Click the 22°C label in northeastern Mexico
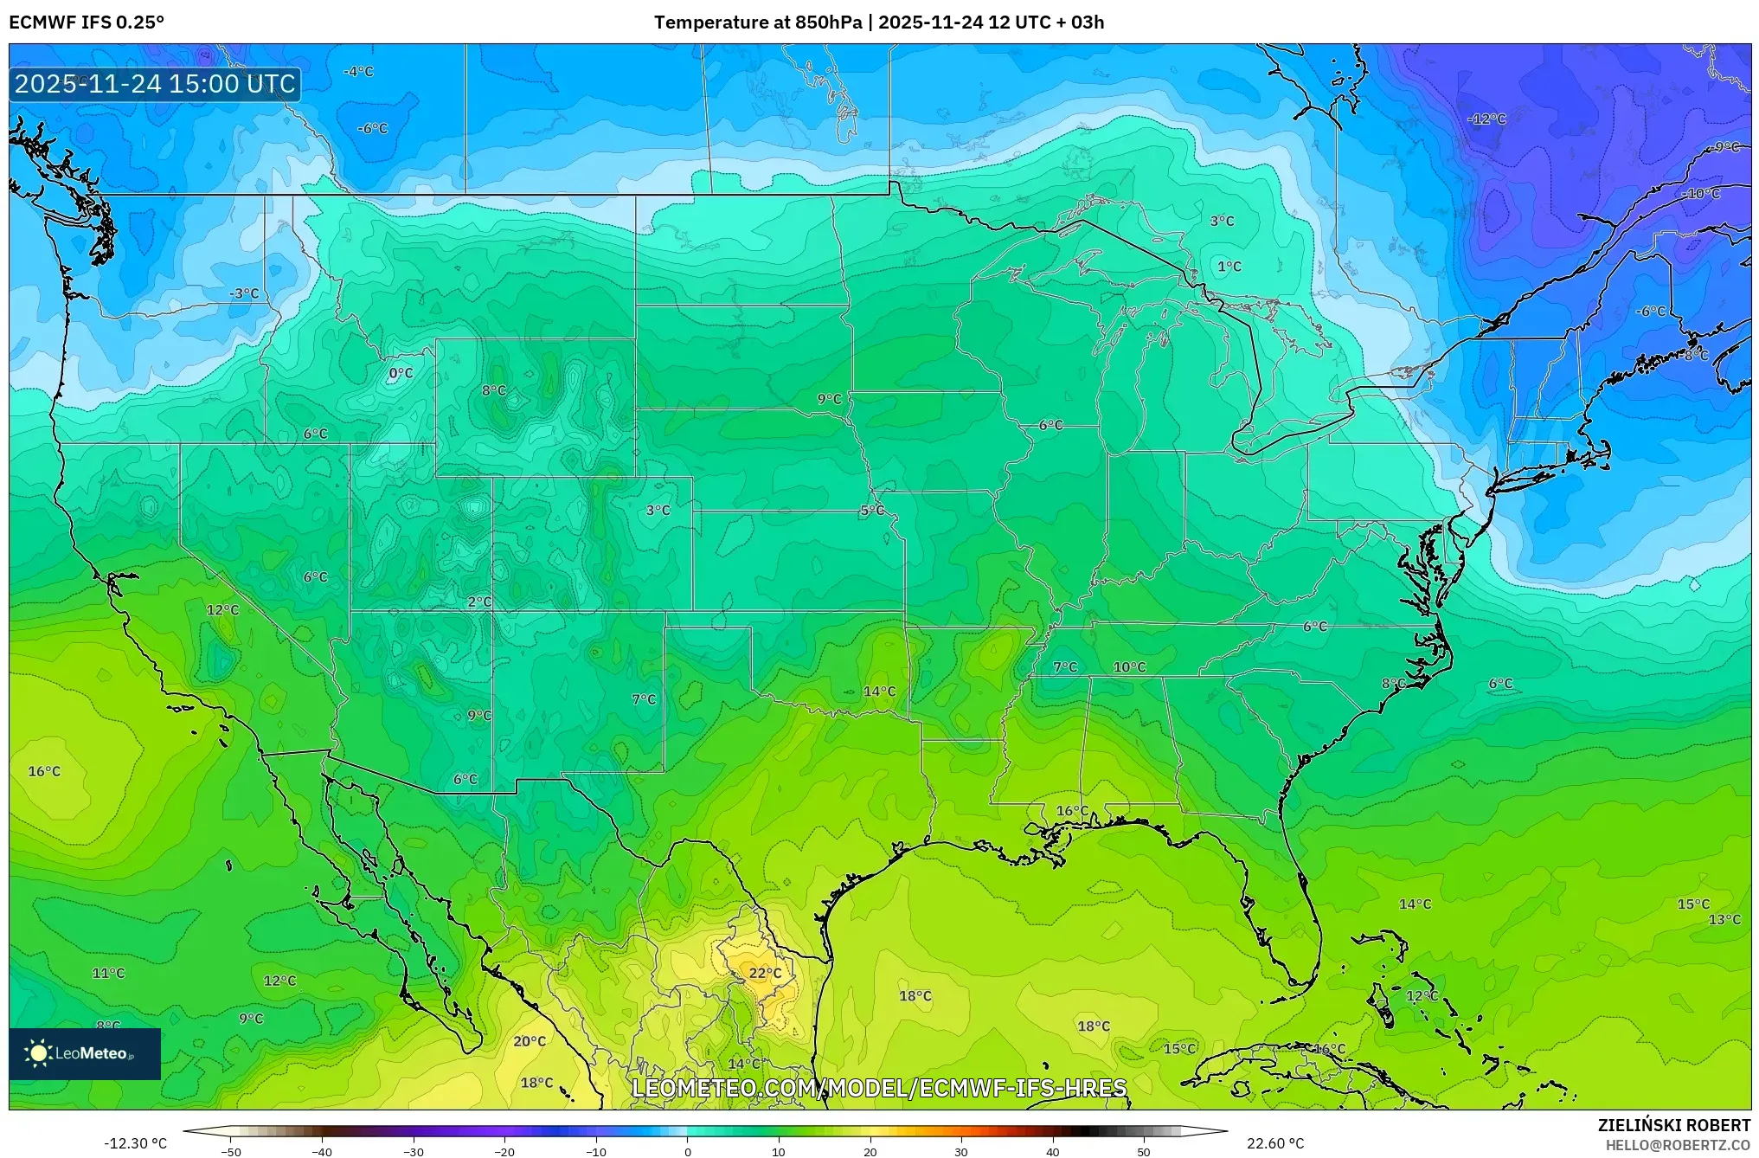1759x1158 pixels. (765, 973)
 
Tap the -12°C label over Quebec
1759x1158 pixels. (1486, 119)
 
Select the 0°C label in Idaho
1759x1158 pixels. (401, 373)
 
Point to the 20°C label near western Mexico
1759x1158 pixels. (530, 1041)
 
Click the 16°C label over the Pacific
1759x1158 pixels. (44, 771)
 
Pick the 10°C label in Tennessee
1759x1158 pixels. (1129, 667)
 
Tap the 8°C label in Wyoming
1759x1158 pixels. (494, 390)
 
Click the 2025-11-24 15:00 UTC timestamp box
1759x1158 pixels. (155, 84)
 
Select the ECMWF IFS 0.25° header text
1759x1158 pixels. (87, 23)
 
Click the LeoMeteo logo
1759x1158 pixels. (85, 1053)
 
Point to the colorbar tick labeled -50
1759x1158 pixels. (231, 1152)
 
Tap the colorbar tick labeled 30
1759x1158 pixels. (961, 1152)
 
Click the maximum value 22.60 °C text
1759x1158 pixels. (1275, 1143)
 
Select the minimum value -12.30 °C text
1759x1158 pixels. (136, 1143)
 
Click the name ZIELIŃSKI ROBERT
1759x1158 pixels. (1673, 1125)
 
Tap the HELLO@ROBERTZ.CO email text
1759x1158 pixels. (1678, 1145)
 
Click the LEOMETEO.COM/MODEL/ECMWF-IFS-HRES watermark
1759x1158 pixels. (879, 1088)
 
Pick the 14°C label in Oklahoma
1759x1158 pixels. (879, 692)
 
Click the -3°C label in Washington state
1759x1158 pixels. (244, 293)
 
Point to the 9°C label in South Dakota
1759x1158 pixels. (829, 399)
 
